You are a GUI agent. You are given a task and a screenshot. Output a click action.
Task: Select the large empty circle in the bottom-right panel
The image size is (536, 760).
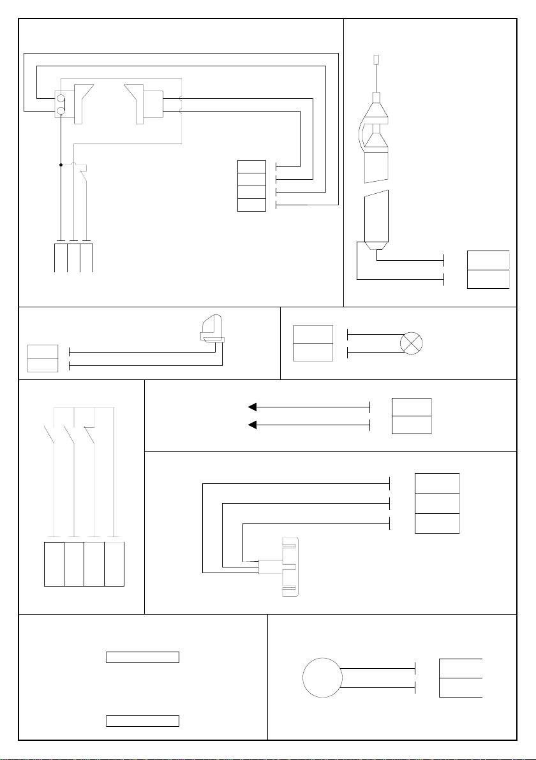(x=322, y=678)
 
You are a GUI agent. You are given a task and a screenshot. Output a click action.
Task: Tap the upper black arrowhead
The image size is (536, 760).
(x=253, y=406)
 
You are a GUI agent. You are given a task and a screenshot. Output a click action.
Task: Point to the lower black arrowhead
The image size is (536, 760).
(x=253, y=424)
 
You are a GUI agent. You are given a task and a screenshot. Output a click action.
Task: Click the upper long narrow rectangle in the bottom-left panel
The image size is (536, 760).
(x=142, y=658)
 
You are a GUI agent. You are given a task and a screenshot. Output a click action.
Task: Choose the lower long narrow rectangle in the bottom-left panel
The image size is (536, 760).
(x=142, y=721)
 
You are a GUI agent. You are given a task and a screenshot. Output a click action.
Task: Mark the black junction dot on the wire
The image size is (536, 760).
(x=61, y=164)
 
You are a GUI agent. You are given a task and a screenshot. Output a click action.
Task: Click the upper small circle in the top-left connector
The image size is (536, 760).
(x=61, y=99)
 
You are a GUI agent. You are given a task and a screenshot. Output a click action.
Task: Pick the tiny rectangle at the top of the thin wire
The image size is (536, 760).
(x=376, y=60)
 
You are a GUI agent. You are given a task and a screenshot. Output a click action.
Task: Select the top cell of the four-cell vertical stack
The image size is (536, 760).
(x=251, y=166)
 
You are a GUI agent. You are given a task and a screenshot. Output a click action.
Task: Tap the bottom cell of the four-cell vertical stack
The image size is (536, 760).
(x=251, y=205)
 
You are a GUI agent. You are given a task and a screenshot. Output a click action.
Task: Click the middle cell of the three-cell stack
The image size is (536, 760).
(x=437, y=503)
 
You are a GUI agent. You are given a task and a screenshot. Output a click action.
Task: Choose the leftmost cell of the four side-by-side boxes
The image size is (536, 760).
(x=54, y=564)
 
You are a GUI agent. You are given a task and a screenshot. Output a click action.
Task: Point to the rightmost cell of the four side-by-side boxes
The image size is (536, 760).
(x=114, y=564)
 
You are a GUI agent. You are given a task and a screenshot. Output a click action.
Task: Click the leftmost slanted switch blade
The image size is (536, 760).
(x=49, y=437)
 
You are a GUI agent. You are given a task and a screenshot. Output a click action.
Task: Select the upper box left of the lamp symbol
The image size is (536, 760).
(x=313, y=334)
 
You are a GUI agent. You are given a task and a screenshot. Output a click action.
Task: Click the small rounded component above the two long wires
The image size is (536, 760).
(x=211, y=331)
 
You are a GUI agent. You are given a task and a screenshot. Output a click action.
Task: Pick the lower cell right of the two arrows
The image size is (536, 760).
(x=412, y=425)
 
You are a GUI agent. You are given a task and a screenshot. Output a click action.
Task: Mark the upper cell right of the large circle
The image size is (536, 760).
(x=461, y=668)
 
